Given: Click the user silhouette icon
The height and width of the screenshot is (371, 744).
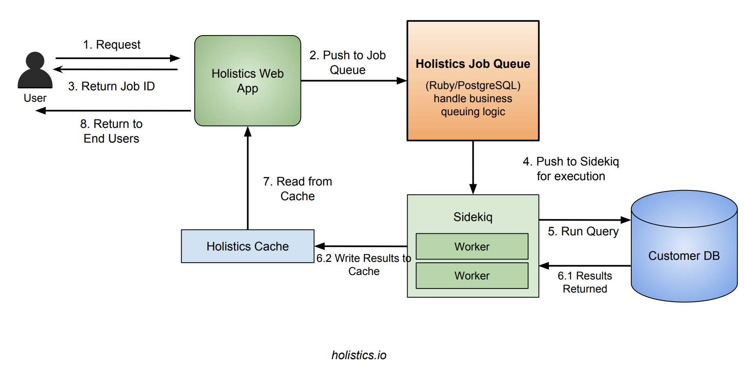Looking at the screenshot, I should (35, 70).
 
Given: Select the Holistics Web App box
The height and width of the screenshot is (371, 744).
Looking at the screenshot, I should (247, 81).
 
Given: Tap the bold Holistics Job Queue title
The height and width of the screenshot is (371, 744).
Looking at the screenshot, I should (472, 64).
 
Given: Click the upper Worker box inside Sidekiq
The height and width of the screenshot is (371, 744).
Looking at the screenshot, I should (472, 246).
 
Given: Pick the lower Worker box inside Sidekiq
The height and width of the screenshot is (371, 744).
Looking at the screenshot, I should (472, 276).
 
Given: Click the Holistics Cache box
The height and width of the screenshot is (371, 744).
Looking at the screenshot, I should (247, 246).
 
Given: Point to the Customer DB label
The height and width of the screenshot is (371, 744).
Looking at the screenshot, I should (684, 256).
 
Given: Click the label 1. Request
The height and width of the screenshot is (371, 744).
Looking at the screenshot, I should (111, 45).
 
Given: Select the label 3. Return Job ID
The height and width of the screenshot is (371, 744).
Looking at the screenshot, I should (111, 86).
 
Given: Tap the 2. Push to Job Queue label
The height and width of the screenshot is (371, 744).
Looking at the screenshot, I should (347, 63).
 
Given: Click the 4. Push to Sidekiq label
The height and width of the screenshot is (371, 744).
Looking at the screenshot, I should (570, 169).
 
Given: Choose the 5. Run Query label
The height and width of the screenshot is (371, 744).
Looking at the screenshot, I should (583, 231).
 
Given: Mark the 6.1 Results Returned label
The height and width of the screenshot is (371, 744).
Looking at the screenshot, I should (584, 282).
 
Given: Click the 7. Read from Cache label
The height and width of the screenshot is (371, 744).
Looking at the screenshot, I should (297, 189).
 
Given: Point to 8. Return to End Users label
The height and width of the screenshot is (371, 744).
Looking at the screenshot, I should (111, 131).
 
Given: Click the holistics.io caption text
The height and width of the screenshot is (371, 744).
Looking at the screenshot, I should (359, 355).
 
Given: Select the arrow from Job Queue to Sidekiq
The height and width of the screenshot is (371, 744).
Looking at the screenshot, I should (473, 168).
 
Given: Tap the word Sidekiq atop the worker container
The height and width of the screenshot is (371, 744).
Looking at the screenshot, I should (472, 217).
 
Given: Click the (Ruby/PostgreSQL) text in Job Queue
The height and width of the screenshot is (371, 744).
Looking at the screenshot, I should (472, 85).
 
